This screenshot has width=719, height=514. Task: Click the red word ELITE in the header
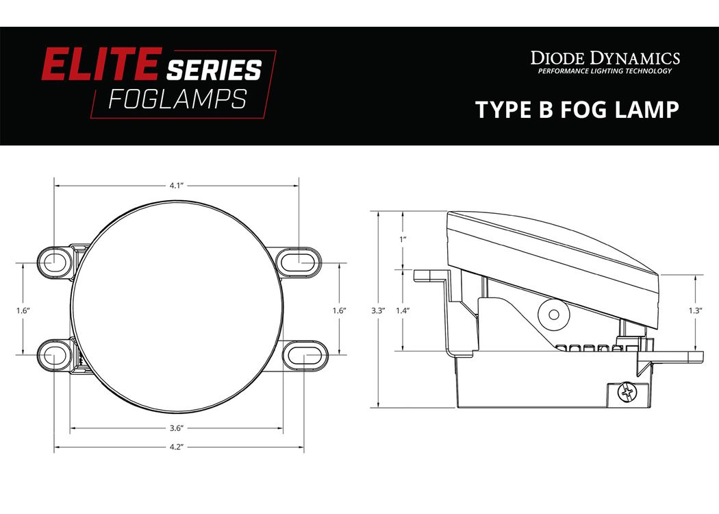tap(101, 64)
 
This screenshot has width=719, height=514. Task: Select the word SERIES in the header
tap(214, 70)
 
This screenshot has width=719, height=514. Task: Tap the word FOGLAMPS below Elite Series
tap(177, 99)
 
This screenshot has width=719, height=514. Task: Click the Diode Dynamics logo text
tap(605, 58)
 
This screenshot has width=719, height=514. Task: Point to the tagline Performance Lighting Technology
tap(605, 71)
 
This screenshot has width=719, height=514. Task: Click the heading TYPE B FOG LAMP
tap(577, 110)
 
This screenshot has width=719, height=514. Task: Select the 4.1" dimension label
tap(177, 186)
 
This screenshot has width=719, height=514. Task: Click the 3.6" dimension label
tap(177, 428)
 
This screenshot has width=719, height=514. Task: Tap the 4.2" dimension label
tap(177, 447)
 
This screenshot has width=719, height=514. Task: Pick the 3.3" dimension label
tap(378, 310)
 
